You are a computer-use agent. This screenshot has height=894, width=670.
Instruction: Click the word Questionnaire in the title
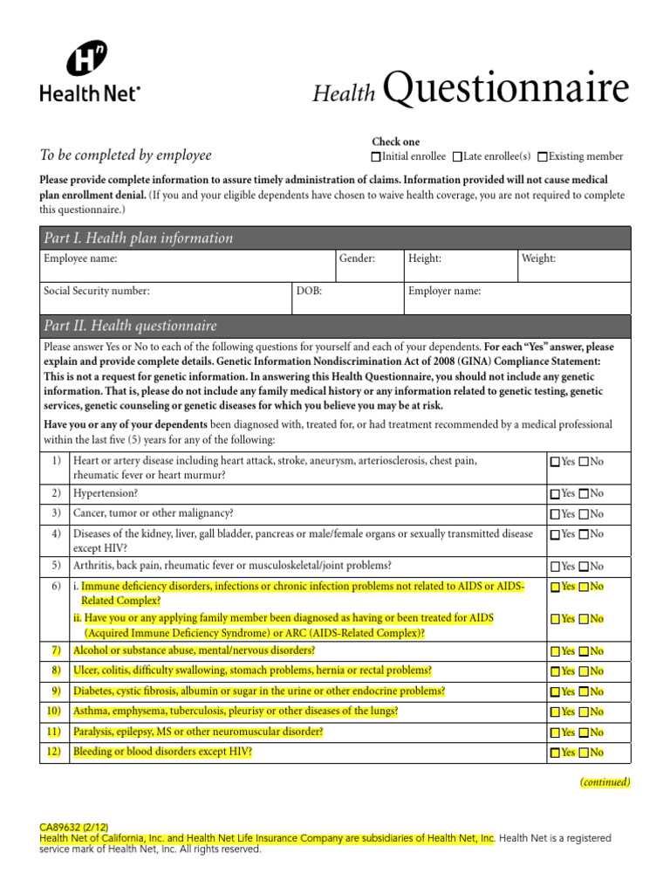click(505, 89)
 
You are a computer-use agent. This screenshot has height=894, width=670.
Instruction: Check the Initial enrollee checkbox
click(376, 157)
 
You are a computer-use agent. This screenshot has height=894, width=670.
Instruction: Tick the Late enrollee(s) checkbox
click(458, 157)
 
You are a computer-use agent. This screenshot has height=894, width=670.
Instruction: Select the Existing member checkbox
click(543, 157)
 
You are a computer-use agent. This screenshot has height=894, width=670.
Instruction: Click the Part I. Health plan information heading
click(137, 238)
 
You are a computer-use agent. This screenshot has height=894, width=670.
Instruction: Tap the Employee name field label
click(80, 259)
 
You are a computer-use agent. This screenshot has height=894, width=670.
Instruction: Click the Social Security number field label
click(96, 292)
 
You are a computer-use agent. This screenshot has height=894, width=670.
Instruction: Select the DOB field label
click(310, 292)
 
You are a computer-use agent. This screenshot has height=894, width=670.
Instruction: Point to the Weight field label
click(538, 259)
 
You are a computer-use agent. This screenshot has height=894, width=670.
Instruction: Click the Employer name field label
click(444, 292)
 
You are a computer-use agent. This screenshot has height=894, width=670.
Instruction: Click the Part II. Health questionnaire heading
click(129, 326)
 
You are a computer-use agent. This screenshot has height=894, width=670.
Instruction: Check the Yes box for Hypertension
click(556, 494)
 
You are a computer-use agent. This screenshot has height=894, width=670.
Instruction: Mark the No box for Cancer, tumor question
click(585, 514)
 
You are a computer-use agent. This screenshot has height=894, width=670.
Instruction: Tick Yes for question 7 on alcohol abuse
click(556, 651)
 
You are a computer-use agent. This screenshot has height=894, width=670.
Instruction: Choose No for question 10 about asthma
click(585, 712)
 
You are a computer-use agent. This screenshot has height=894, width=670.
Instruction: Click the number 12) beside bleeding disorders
click(54, 752)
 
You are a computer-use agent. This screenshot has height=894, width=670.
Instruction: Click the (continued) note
click(605, 782)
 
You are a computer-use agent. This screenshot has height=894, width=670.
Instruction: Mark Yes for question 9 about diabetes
click(556, 692)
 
